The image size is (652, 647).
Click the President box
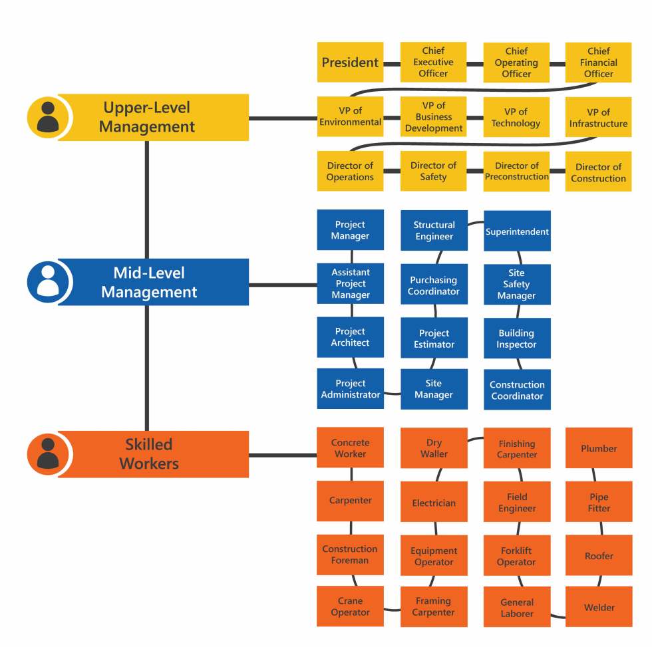pyautogui.click(x=350, y=63)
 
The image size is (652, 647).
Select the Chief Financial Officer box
pyautogui.click(x=598, y=63)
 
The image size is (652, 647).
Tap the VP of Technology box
pyautogui.click(x=516, y=118)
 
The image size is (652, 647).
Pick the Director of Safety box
pyautogui.click(x=433, y=172)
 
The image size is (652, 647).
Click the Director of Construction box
pyautogui.click(x=598, y=172)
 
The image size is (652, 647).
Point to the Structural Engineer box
pyautogui.click(x=434, y=231)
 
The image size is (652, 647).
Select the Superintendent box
pyautogui.click(x=517, y=231)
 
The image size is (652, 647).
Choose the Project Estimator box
pyautogui.click(x=434, y=338)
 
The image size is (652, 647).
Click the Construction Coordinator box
pyautogui.click(x=517, y=390)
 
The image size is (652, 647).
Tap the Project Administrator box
pyautogui.click(x=350, y=389)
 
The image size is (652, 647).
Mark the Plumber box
pyautogui.click(x=599, y=448)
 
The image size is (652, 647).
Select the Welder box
pyautogui.click(x=599, y=607)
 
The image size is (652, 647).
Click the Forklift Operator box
pyautogui.click(x=517, y=556)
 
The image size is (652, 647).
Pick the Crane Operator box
pyautogui.click(x=350, y=606)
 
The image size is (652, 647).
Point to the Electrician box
pyautogui.click(x=434, y=503)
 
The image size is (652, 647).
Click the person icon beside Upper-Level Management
pyautogui.click(x=47, y=117)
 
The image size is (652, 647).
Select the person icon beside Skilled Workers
pyautogui.click(x=47, y=454)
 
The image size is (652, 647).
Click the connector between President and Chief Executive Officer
pyautogui.click(x=392, y=63)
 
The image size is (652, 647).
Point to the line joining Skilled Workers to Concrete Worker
pyautogui.click(x=283, y=455)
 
